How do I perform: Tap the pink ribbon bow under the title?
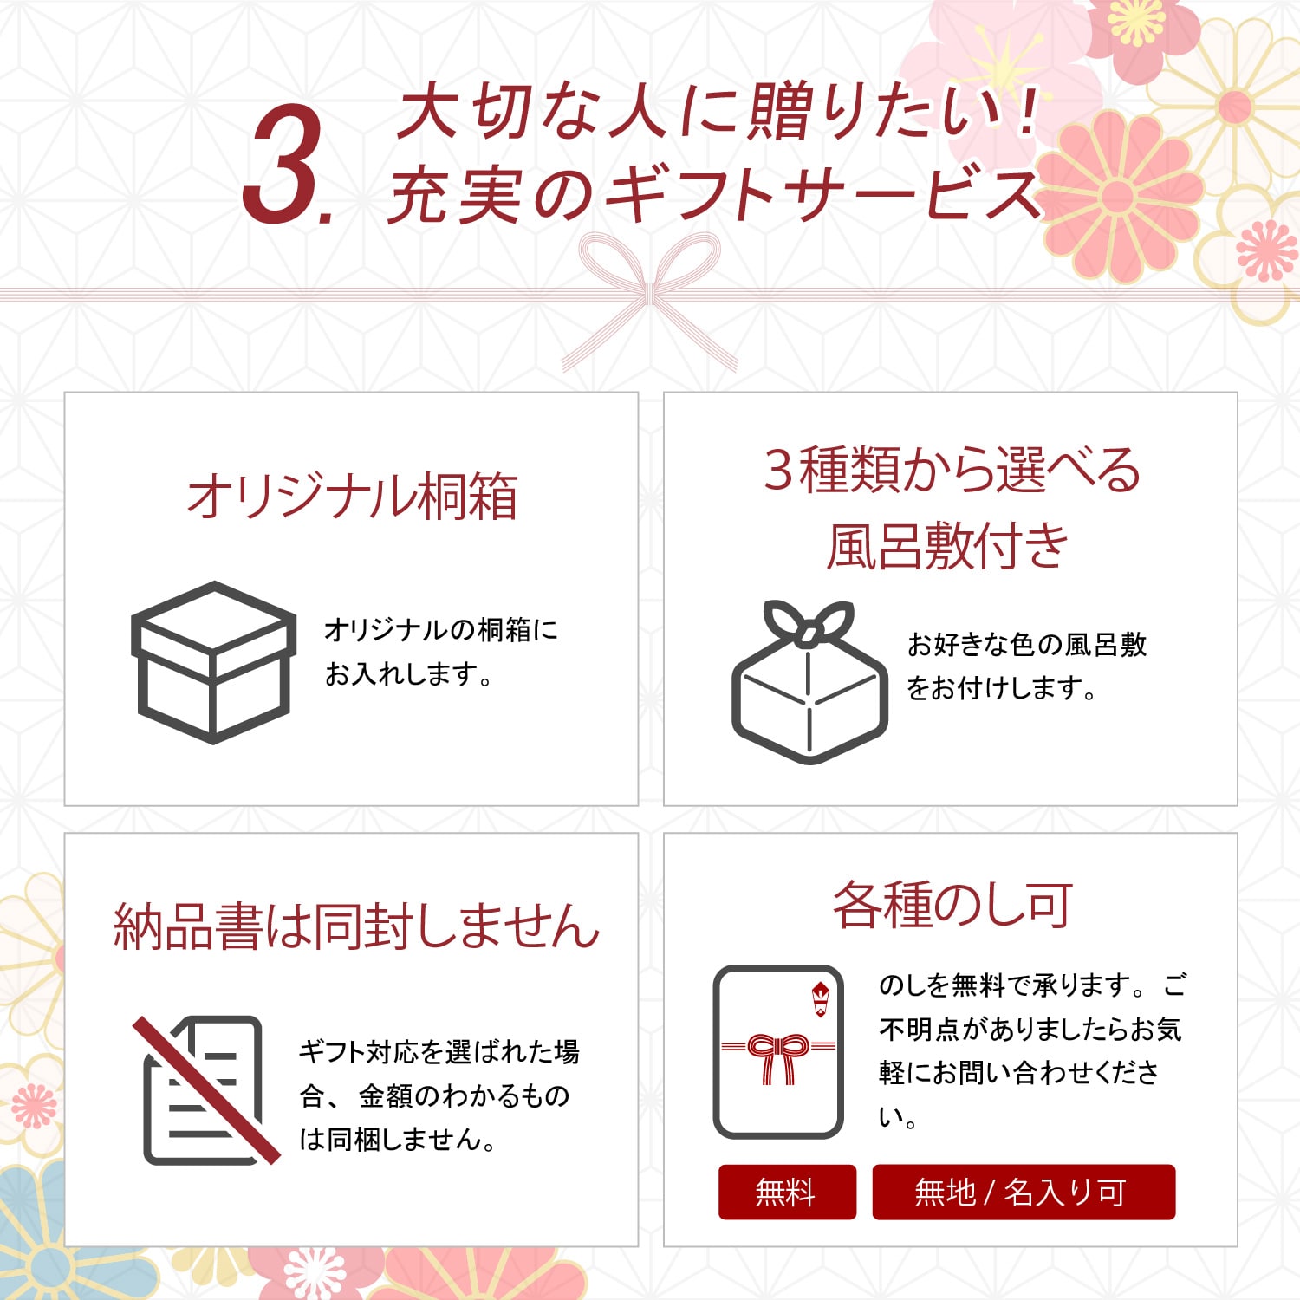tap(650, 295)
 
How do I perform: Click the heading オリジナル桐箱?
tap(352, 497)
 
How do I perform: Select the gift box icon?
tap(213, 662)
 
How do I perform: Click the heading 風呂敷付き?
tap(947, 547)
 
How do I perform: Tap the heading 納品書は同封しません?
tap(356, 926)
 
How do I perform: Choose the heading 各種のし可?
tap(952, 905)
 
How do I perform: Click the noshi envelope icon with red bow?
tap(777, 1051)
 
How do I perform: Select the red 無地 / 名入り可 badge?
tap(1023, 1193)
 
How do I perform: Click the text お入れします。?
tap(408, 673)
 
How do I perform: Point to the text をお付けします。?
tap(1001, 688)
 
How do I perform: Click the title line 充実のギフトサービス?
tap(714, 196)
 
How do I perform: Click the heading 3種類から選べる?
tap(951, 470)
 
